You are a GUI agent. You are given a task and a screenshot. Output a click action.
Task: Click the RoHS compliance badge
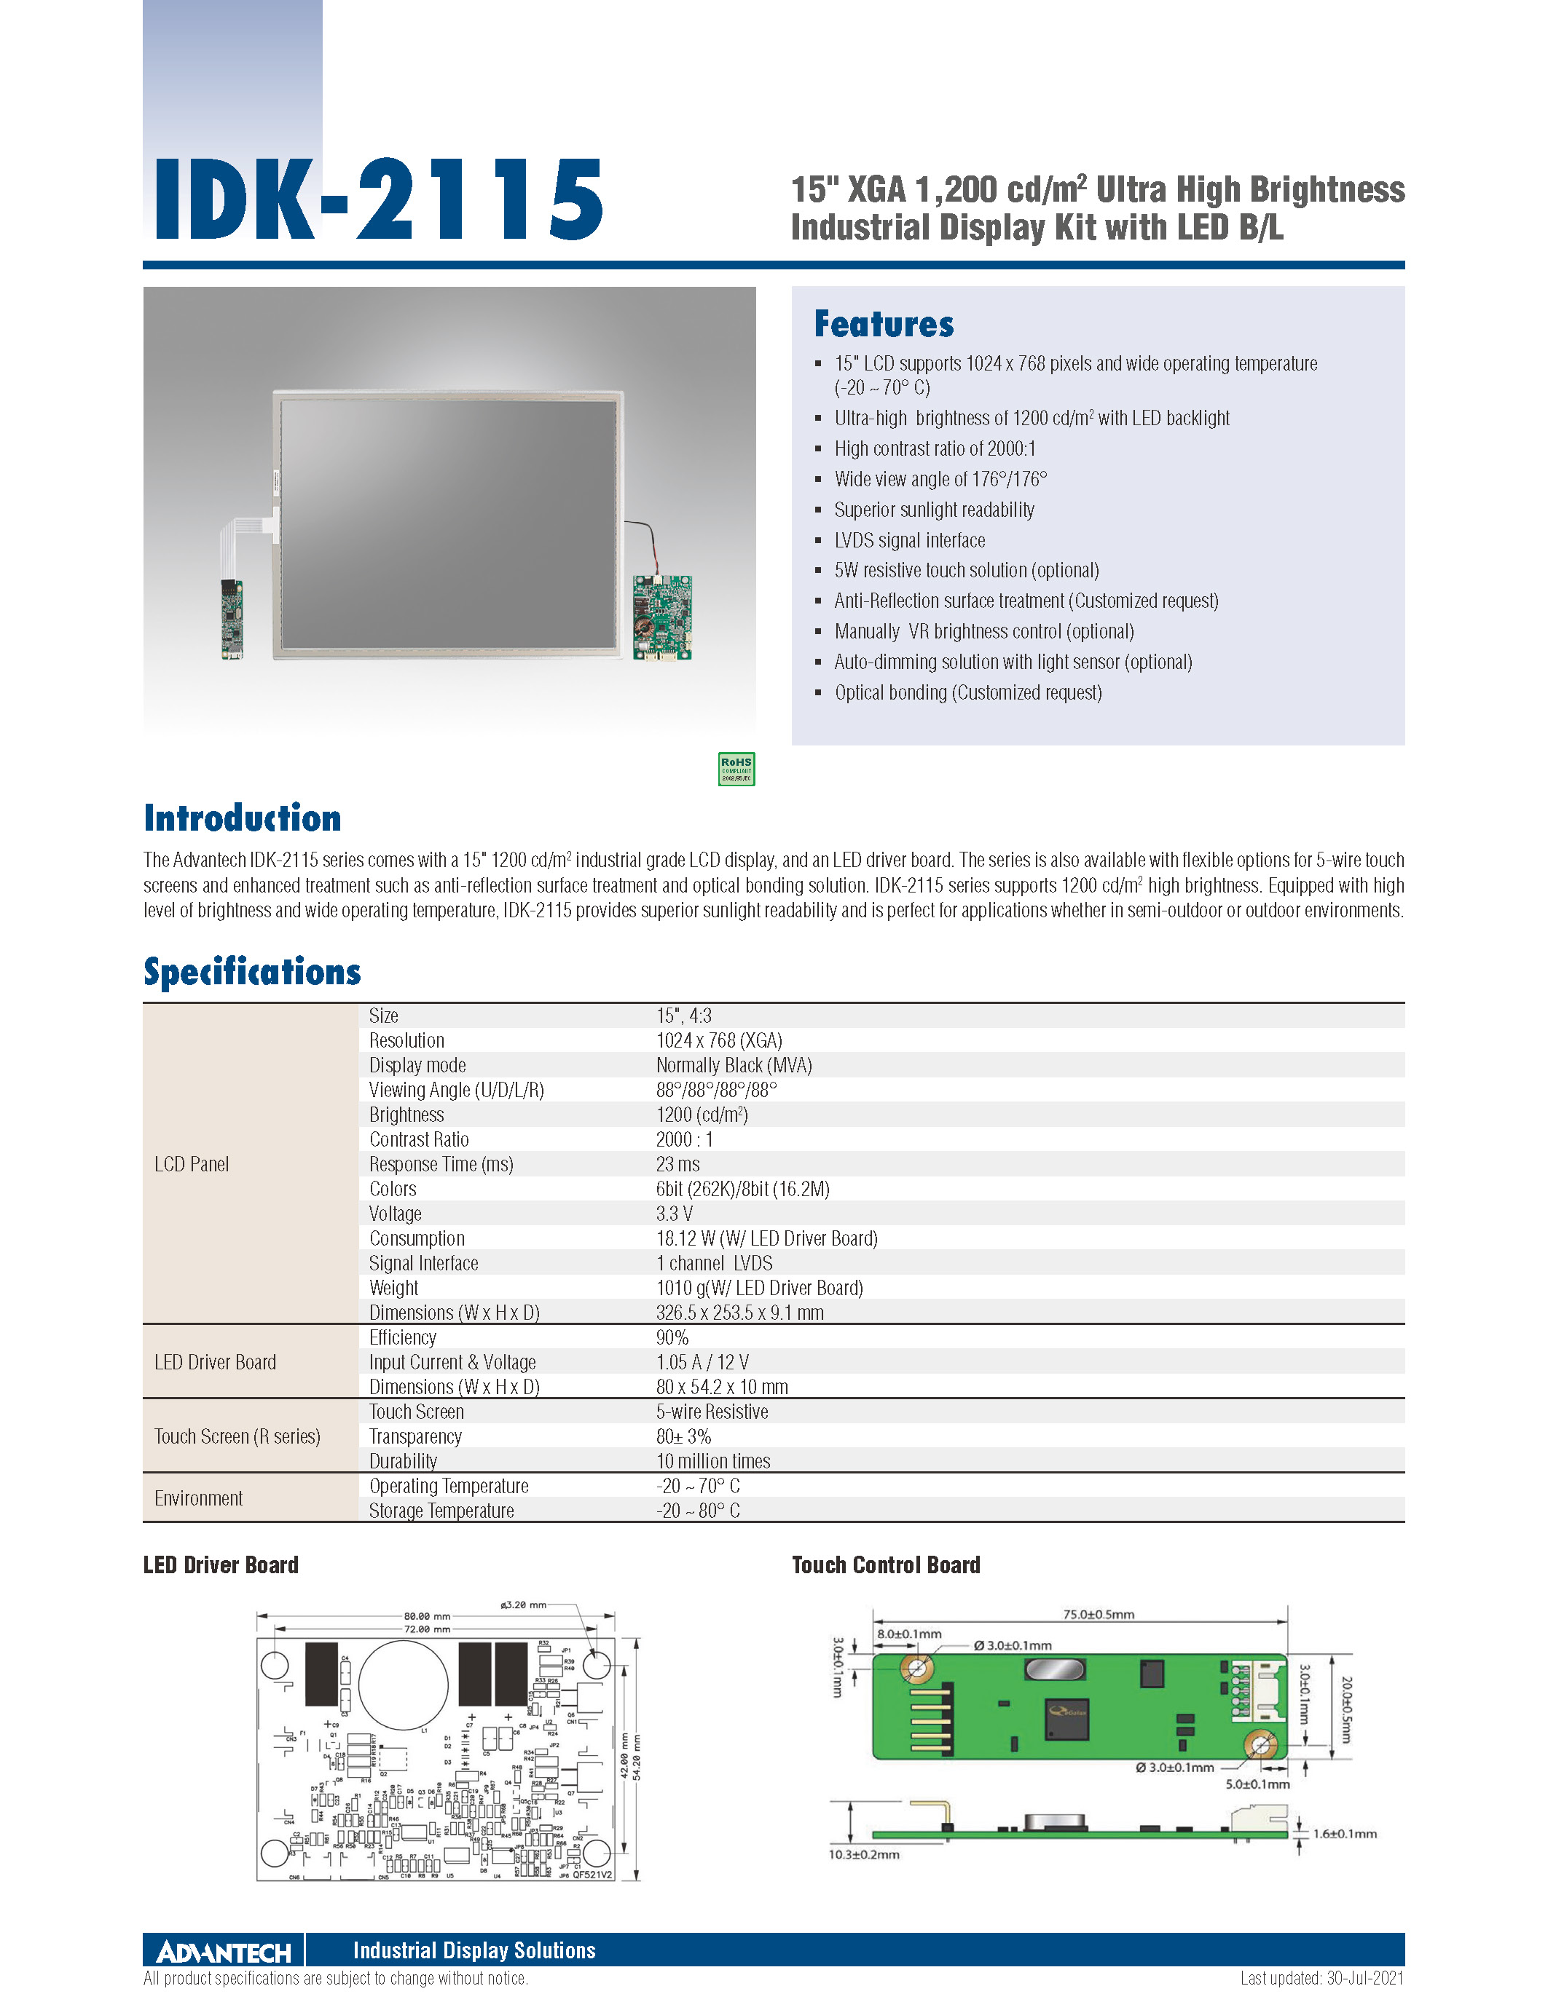click(x=736, y=769)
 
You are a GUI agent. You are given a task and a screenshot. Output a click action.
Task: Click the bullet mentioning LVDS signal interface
click(x=909, y=540)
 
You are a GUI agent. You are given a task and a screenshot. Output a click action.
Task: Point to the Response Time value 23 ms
click(x=677, y=1164)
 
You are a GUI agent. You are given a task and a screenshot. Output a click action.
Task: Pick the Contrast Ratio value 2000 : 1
click(x=684, y=1139)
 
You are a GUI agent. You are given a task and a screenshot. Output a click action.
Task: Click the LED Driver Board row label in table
click(x=216, y=1362)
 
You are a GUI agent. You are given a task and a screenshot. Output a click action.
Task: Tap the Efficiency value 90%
click(x=672, y=1337)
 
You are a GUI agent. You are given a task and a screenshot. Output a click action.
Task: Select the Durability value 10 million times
click(x=712, y=1461)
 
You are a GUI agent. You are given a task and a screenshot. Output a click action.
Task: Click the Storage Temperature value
click(x=698, y=1511)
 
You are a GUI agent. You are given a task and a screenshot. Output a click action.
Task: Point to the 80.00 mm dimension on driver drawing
click(x=428, y=1616)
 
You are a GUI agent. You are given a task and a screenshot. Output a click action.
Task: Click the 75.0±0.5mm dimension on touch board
click(x=1099, y=1614)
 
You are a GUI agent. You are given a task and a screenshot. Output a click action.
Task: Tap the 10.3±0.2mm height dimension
click(x=864, y=1854)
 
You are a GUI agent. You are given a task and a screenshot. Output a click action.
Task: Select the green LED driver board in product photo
click(x=662, y=617)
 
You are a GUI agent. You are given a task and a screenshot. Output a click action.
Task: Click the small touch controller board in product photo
click(x=232, y=619)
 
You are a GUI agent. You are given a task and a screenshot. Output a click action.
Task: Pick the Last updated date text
click(x=1321, y=1978)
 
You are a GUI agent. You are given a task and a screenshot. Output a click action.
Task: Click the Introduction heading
click(x=242, y=818)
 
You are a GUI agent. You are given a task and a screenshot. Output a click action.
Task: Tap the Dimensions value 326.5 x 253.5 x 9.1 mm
click(x=739, y=1313)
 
